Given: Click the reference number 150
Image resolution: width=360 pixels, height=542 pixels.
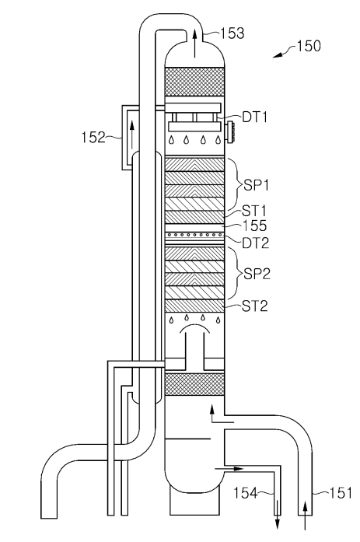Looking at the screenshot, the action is (309, 46).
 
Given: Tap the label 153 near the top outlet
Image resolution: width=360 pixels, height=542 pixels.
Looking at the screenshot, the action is (232, 33).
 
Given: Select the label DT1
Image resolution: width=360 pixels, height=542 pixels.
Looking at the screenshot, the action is (254, 117).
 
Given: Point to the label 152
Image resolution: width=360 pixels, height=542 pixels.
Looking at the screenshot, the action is (93, 137).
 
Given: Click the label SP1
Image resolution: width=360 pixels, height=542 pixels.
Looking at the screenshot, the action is (256, 185).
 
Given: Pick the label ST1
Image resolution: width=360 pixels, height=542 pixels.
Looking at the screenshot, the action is (254, 211).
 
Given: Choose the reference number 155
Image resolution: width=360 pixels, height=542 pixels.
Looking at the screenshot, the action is (255, 226).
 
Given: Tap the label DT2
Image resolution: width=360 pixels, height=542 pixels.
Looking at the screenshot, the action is (255, 243).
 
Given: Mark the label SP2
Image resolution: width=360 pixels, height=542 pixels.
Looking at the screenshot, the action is (257, 274).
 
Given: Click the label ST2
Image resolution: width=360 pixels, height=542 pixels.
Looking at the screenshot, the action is (254, 306).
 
